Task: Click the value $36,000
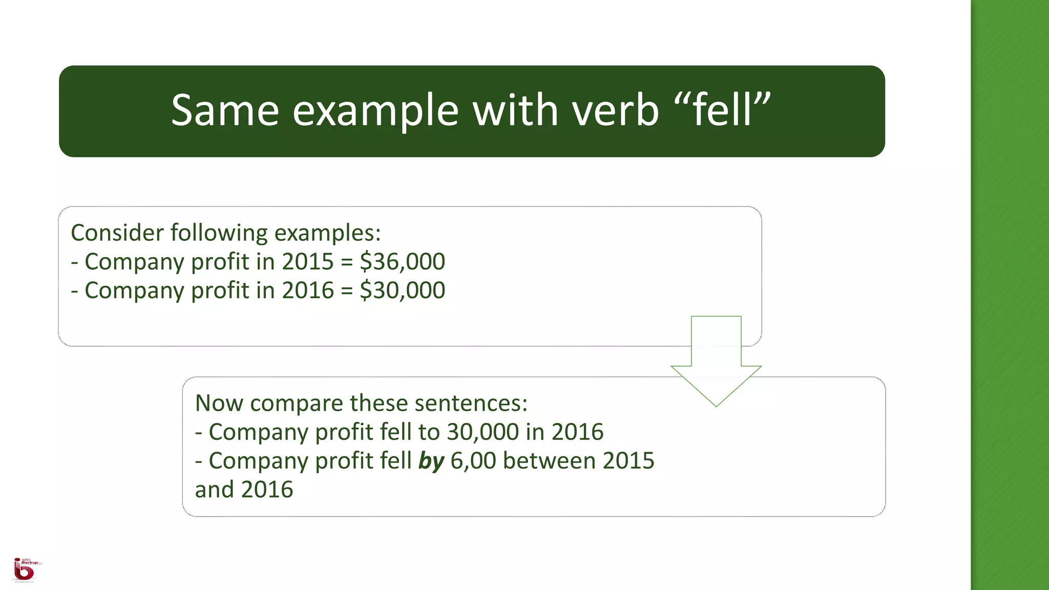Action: click(x=403, y=262)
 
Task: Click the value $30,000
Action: click(x=403, y=290)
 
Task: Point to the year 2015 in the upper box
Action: click(x=308, y=262)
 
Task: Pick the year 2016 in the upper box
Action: click(x=308, y=290)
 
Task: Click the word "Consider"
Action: click(x=117, y=233)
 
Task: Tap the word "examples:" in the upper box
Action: click(x=328, y=233)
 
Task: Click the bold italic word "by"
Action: click(x=431, y=461)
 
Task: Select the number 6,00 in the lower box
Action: click(x=473, y=461)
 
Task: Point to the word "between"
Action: click(x=549, y=461)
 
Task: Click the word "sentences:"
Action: click(x=471, y=404)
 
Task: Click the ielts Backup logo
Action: click(x=25, y=570)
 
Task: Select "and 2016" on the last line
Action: click(x=244, y=490)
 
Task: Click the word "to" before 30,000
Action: click(x=429, y=432)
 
